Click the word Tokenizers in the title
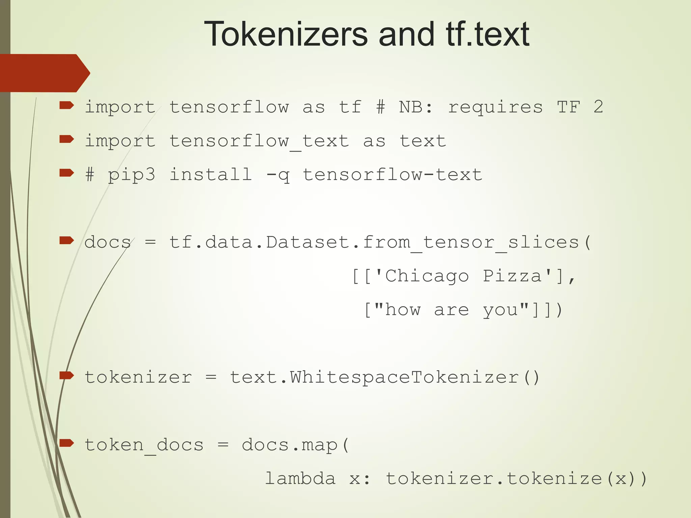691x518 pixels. click(285, 34)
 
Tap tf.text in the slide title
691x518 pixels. click(488, 34)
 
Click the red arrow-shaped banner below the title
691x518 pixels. click(44, 73)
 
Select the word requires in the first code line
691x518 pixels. click(495, 107)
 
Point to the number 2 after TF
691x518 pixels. click(598, 107)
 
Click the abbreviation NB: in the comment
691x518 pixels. click(416, 107)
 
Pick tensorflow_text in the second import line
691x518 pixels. click(259, 141)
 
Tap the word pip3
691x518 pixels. click(132, 175)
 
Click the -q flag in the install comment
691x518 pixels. click(278, 175)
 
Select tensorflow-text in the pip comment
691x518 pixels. click(392, 175)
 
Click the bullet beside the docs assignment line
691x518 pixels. click(66, 240)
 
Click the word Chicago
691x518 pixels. click(427, 276)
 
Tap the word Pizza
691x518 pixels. click(512, 276)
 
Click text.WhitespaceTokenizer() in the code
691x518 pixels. click(385, 377)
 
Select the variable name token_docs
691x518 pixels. click(144, 445)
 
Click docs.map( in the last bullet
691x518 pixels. click(296, 445)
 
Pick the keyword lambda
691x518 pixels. click(300, 479)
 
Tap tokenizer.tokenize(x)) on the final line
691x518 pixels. click(516, 479)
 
